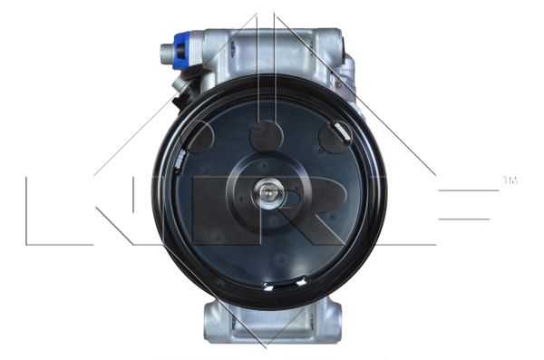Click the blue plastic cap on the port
point(183,49)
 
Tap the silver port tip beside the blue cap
point(167,52)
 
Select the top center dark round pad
point(267,136)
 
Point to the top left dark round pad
point(197,138)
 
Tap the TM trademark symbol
point(510,180)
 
